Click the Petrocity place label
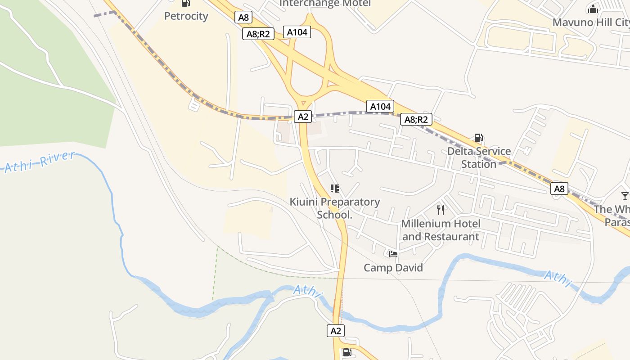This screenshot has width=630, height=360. pyautogui.click(x=186, y=16)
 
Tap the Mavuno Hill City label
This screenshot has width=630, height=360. pyautogui.click(x=590, y=22)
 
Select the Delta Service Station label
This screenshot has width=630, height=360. pyautogui.click(x=479, y=157)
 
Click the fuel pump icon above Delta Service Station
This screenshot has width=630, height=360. pyautogui.click(x=479, y=138)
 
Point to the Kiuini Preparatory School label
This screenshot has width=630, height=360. pyautogui.click(x=335, y=208)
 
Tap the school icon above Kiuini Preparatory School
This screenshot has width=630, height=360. pyautogui.click(x=334, y=189)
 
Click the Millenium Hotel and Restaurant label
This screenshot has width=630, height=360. pyautogui.click(x=441, y=230)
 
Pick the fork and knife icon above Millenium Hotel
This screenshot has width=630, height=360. pyautogui.click(x=441, y=210)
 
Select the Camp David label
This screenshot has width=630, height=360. pyautogui.click(x=393, y=268)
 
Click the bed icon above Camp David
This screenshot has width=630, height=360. pyautogui.click(x=393, y=254)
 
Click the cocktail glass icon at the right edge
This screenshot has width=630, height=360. pyautogui.click(x=625, y=196)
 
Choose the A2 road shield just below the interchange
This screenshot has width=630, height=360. pyautogui.click(x=303, y=117)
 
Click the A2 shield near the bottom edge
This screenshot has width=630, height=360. pyautogui.click(x=336, y=331)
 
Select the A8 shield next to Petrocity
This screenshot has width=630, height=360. pyautogui.click(x=243, y=18)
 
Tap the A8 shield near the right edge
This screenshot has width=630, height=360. pyautogui.click(x=559, y=189)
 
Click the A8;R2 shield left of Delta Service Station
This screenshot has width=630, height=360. pyautogui.click(x=416, y=119)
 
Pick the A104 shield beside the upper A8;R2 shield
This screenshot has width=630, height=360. pyautogui.click(x=297, y=32)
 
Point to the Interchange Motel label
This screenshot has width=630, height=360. pyautogui.click(x=325, y=4)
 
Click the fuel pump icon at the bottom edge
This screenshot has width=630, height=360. pyautogui.click(x=347, y=352)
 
